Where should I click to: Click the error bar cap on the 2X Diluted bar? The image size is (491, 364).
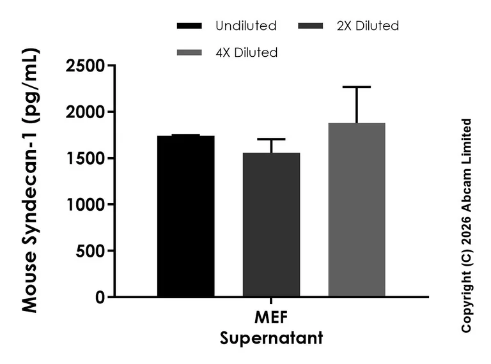[x=272, y=139]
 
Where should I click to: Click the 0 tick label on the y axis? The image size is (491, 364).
[x=98, y=297]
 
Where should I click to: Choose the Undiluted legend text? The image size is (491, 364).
[x=246, y=26]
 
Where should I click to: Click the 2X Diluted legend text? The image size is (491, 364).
[x=366, y=26]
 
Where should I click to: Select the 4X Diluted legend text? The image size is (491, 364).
[x=247, y=52]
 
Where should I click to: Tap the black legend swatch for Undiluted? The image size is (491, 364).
[x=189, y=26]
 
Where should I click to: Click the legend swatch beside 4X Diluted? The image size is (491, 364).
[x=189, y=52]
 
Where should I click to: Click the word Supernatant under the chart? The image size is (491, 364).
[x=271, y=337]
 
